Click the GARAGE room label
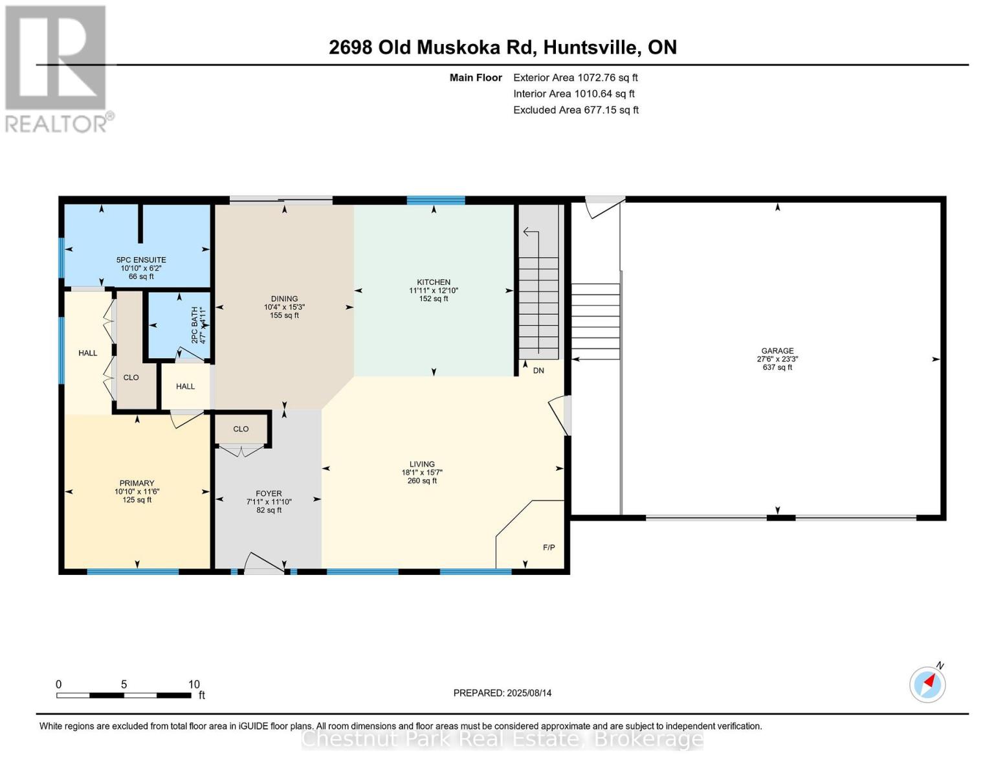777,351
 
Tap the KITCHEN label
433,282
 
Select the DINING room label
284,299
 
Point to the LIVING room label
422,464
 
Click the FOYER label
269,493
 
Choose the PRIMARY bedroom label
137,483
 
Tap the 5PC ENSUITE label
141,260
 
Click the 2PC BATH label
193,325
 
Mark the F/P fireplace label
548,548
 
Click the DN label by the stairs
538,370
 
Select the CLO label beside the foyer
241,429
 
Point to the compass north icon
927,684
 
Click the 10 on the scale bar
193,684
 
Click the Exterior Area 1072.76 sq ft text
575,78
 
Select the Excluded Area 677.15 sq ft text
575,110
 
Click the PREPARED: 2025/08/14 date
502,693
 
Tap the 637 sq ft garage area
777,368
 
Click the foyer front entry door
263,563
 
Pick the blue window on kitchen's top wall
436,200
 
